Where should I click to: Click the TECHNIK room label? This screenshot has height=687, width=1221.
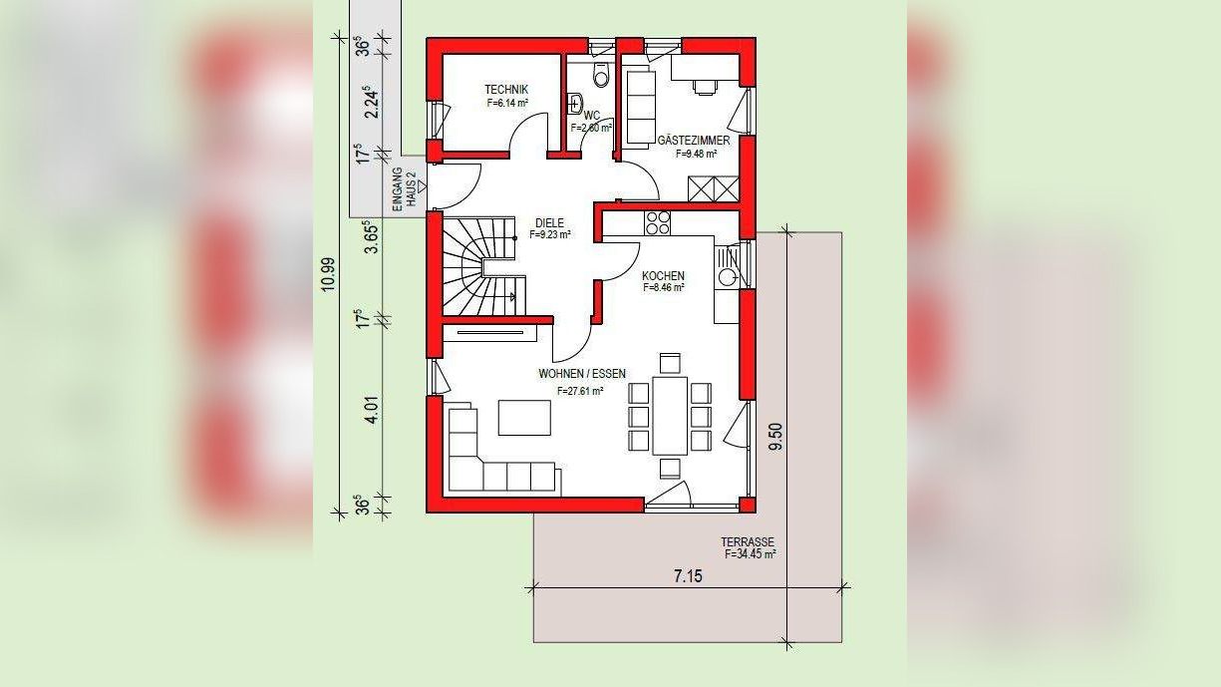click(x=506, y=90)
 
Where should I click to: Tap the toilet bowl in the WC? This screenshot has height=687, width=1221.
click(x=601, y=74)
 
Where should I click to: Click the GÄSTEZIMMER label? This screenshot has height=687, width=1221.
click(x=694, y=141)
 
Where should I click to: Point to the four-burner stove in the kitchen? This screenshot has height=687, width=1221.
click(x=658, y=223)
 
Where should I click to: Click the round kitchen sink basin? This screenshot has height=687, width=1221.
click(x=727, y=277)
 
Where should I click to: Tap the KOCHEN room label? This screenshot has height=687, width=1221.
click(x=663, y=276)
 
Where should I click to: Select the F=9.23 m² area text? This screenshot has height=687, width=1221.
click(x=550, y=235)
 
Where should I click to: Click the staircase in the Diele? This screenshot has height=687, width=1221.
click(x=479, y=266)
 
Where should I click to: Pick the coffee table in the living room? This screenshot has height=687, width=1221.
click(x=524, y=418)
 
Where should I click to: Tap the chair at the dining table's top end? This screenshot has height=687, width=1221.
click(x=670, y=363)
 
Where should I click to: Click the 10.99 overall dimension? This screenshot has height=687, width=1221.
click(x=328, y=274)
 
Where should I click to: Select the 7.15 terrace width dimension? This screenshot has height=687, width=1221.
click(x=688, y=575)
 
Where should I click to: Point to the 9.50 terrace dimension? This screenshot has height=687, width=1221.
click(x=775, y=437)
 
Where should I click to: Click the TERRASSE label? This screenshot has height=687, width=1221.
click(x=748, y=542)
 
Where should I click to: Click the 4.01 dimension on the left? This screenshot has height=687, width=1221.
click(x=373, y=411)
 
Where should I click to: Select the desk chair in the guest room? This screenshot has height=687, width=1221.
click(x=705, y=87)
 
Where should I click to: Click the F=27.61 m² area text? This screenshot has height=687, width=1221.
click(x=580, y=391)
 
